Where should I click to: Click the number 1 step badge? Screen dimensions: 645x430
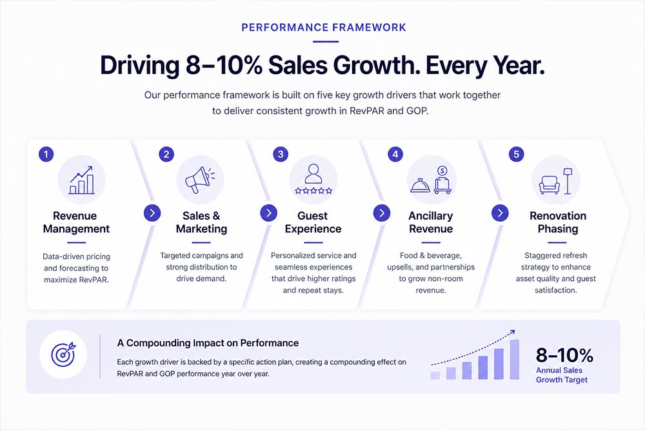point(46,154)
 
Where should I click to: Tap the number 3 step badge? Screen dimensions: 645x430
point(281,154)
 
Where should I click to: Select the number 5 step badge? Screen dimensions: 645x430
point(516,154)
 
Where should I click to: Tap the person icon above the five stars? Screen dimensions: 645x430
point(313,174)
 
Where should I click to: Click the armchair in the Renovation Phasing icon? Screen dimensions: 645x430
point(549,185)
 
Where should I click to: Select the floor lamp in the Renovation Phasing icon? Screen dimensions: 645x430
point(568,181)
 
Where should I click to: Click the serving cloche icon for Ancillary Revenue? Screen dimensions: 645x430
point(420,186)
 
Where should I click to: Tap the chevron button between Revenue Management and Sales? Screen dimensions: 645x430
point(152,213)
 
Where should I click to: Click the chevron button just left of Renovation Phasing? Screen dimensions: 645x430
point(501,213)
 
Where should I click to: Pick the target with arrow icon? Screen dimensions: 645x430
point(63,355)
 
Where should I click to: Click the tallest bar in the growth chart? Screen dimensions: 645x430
point(514,359)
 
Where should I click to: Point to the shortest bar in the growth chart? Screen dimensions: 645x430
point(435,375)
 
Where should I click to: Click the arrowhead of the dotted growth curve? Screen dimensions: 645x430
point(512,332)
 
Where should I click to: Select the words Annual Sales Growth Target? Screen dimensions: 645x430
point(562,375)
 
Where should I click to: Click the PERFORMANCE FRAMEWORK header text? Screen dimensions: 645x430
point(324,28)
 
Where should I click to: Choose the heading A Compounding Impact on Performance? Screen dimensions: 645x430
point(208,343)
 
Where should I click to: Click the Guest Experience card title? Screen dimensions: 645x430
point(313,222)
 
